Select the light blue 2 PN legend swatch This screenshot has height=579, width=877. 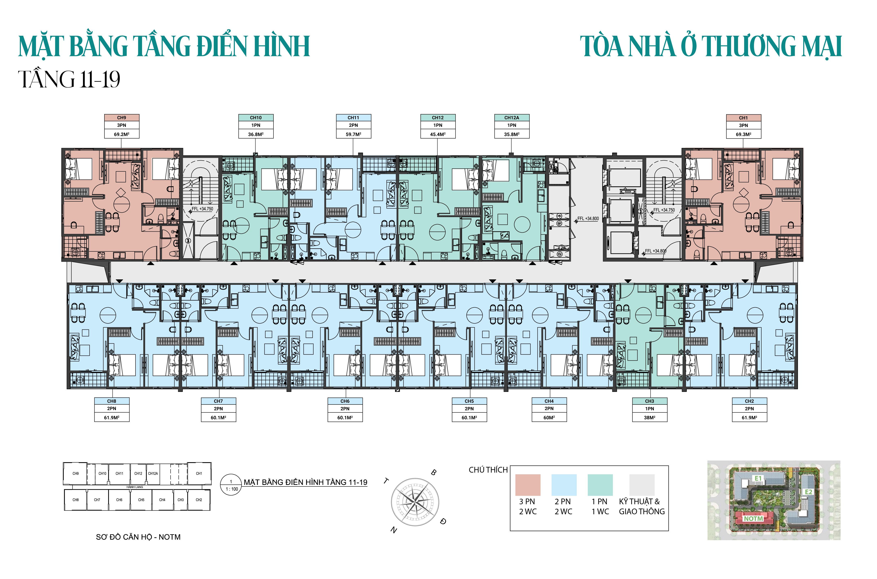[564, 485]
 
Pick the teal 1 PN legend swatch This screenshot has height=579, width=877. [600, 485]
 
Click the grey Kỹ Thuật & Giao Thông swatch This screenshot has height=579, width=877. [642, 485]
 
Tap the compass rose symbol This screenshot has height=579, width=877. [415, 502]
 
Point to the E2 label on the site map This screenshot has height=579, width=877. [808, 492]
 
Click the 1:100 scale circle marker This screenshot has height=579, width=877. [231, 485]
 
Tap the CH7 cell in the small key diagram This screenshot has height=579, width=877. [97, 500]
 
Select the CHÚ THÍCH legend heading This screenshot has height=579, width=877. [488, 470]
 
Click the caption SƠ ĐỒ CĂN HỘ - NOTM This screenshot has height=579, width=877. [138, 537]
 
